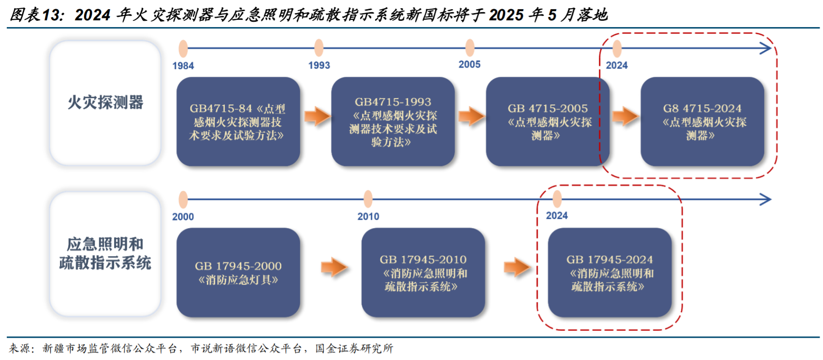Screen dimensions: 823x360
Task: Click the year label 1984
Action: [x=183, y=66]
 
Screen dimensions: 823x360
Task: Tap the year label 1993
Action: [x=319, y=65]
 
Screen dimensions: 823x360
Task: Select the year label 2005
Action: [x=469, y=64]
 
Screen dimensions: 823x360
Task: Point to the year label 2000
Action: [x=183, y=217]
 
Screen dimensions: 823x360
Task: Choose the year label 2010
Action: [x=368, y=216]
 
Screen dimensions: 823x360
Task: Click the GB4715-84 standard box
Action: [x=238, y=122]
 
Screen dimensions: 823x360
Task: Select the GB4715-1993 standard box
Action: [x=393, y=122]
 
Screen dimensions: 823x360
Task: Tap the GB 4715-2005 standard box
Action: [x=548, y=122]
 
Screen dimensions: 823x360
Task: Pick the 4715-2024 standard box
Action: [x=702, y=122]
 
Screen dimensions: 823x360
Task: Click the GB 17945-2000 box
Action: [x=238, y=273]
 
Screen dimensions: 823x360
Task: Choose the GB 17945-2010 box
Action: [x=423, y=273]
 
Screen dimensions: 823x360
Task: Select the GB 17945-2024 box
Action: [x=609, y=273]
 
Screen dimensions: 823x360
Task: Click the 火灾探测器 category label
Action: [x=105, y=102]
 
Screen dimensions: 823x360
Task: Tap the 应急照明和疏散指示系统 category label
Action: [x=105, y=254]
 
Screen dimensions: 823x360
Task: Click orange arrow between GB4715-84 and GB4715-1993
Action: [x=318, y=116]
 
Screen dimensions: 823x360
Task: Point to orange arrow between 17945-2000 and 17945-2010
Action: [x=334, y=267]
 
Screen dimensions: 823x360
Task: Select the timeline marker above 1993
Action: [x=319, y=48]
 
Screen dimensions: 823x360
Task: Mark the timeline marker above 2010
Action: [x=368, y=199]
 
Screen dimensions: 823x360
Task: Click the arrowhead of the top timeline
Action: [x=765, y=48]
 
